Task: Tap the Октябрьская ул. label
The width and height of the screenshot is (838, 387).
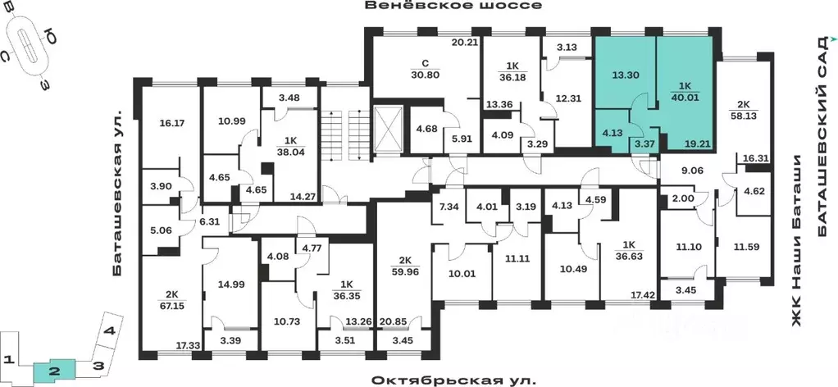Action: click(x=453, y=380)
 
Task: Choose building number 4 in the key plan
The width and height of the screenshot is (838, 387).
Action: click(x=107, y=333)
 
